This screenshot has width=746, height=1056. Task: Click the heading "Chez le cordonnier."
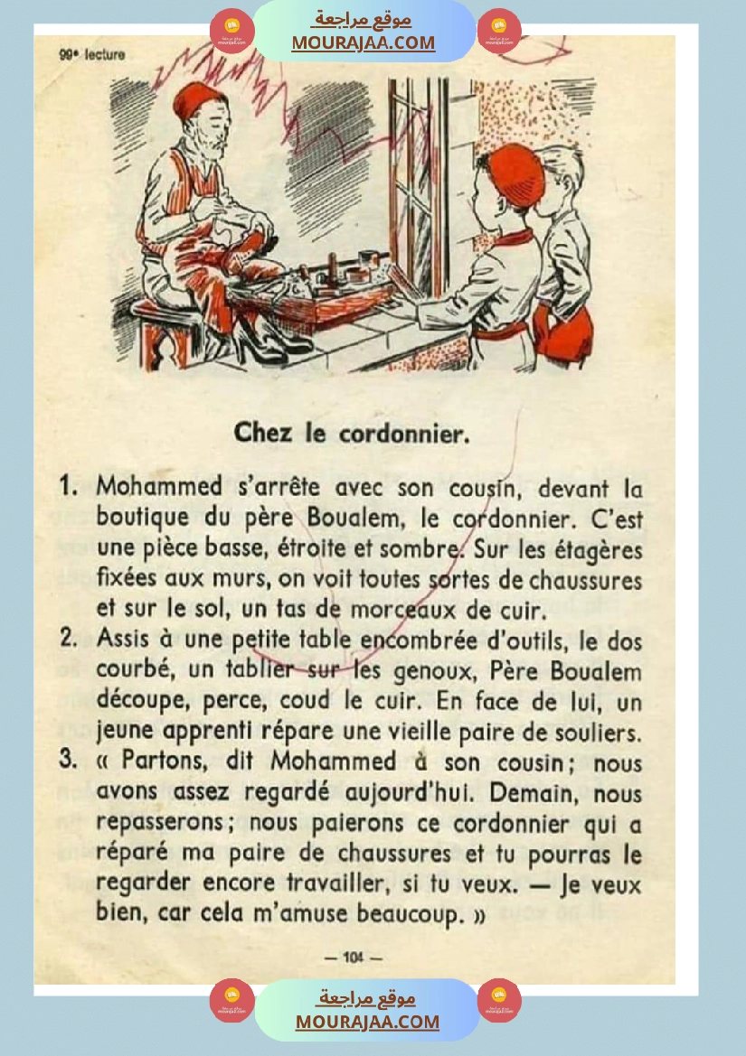[352, 434]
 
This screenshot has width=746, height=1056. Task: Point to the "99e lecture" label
[92, 54]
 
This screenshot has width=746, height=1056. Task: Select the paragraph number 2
[68, 638]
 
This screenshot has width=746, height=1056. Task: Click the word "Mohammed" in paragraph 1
[159, 486]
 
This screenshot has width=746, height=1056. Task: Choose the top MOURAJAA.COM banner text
[363, 42]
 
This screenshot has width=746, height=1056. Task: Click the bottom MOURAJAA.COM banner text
[367, 1022]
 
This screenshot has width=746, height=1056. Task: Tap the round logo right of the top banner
[499, 31]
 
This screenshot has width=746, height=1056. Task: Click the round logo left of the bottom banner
[231, 1001]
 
